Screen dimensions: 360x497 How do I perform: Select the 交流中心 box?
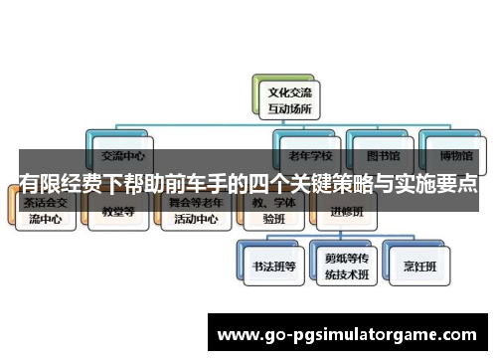(123, 155)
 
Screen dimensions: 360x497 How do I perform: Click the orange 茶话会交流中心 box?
(49, 212)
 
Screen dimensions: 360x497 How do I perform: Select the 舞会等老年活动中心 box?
(194, 212)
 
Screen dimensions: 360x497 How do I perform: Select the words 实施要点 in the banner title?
(437, 184)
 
